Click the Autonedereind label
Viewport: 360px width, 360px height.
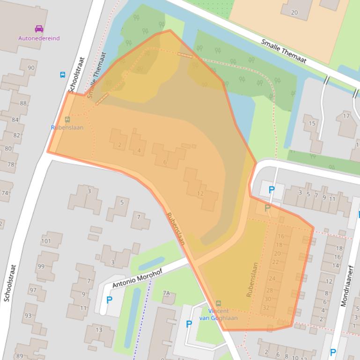coord(39,38)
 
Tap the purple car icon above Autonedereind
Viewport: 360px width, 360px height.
coord(39,29)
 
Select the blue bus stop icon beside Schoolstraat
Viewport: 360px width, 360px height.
coord(63,75)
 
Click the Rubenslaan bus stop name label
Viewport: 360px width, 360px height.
coord(67,128)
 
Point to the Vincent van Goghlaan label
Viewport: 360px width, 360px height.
coord(219,315)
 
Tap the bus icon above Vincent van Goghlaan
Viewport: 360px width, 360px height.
coord(219,303)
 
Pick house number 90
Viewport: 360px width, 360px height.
coord(31,68)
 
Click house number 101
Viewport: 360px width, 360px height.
coord(46,241)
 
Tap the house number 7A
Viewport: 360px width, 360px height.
coord(166,293)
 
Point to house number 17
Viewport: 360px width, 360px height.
coord(346,116)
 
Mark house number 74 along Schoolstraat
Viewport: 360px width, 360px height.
coord(5,193)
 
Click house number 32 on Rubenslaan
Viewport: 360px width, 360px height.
coord(266,308)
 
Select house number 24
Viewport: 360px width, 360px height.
coord(272,278)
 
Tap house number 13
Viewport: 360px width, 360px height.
coord(99,330)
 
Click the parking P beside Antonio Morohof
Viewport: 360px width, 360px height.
coord(110,300)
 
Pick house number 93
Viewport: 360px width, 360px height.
coord(28,316)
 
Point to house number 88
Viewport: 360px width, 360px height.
coord(23,103)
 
